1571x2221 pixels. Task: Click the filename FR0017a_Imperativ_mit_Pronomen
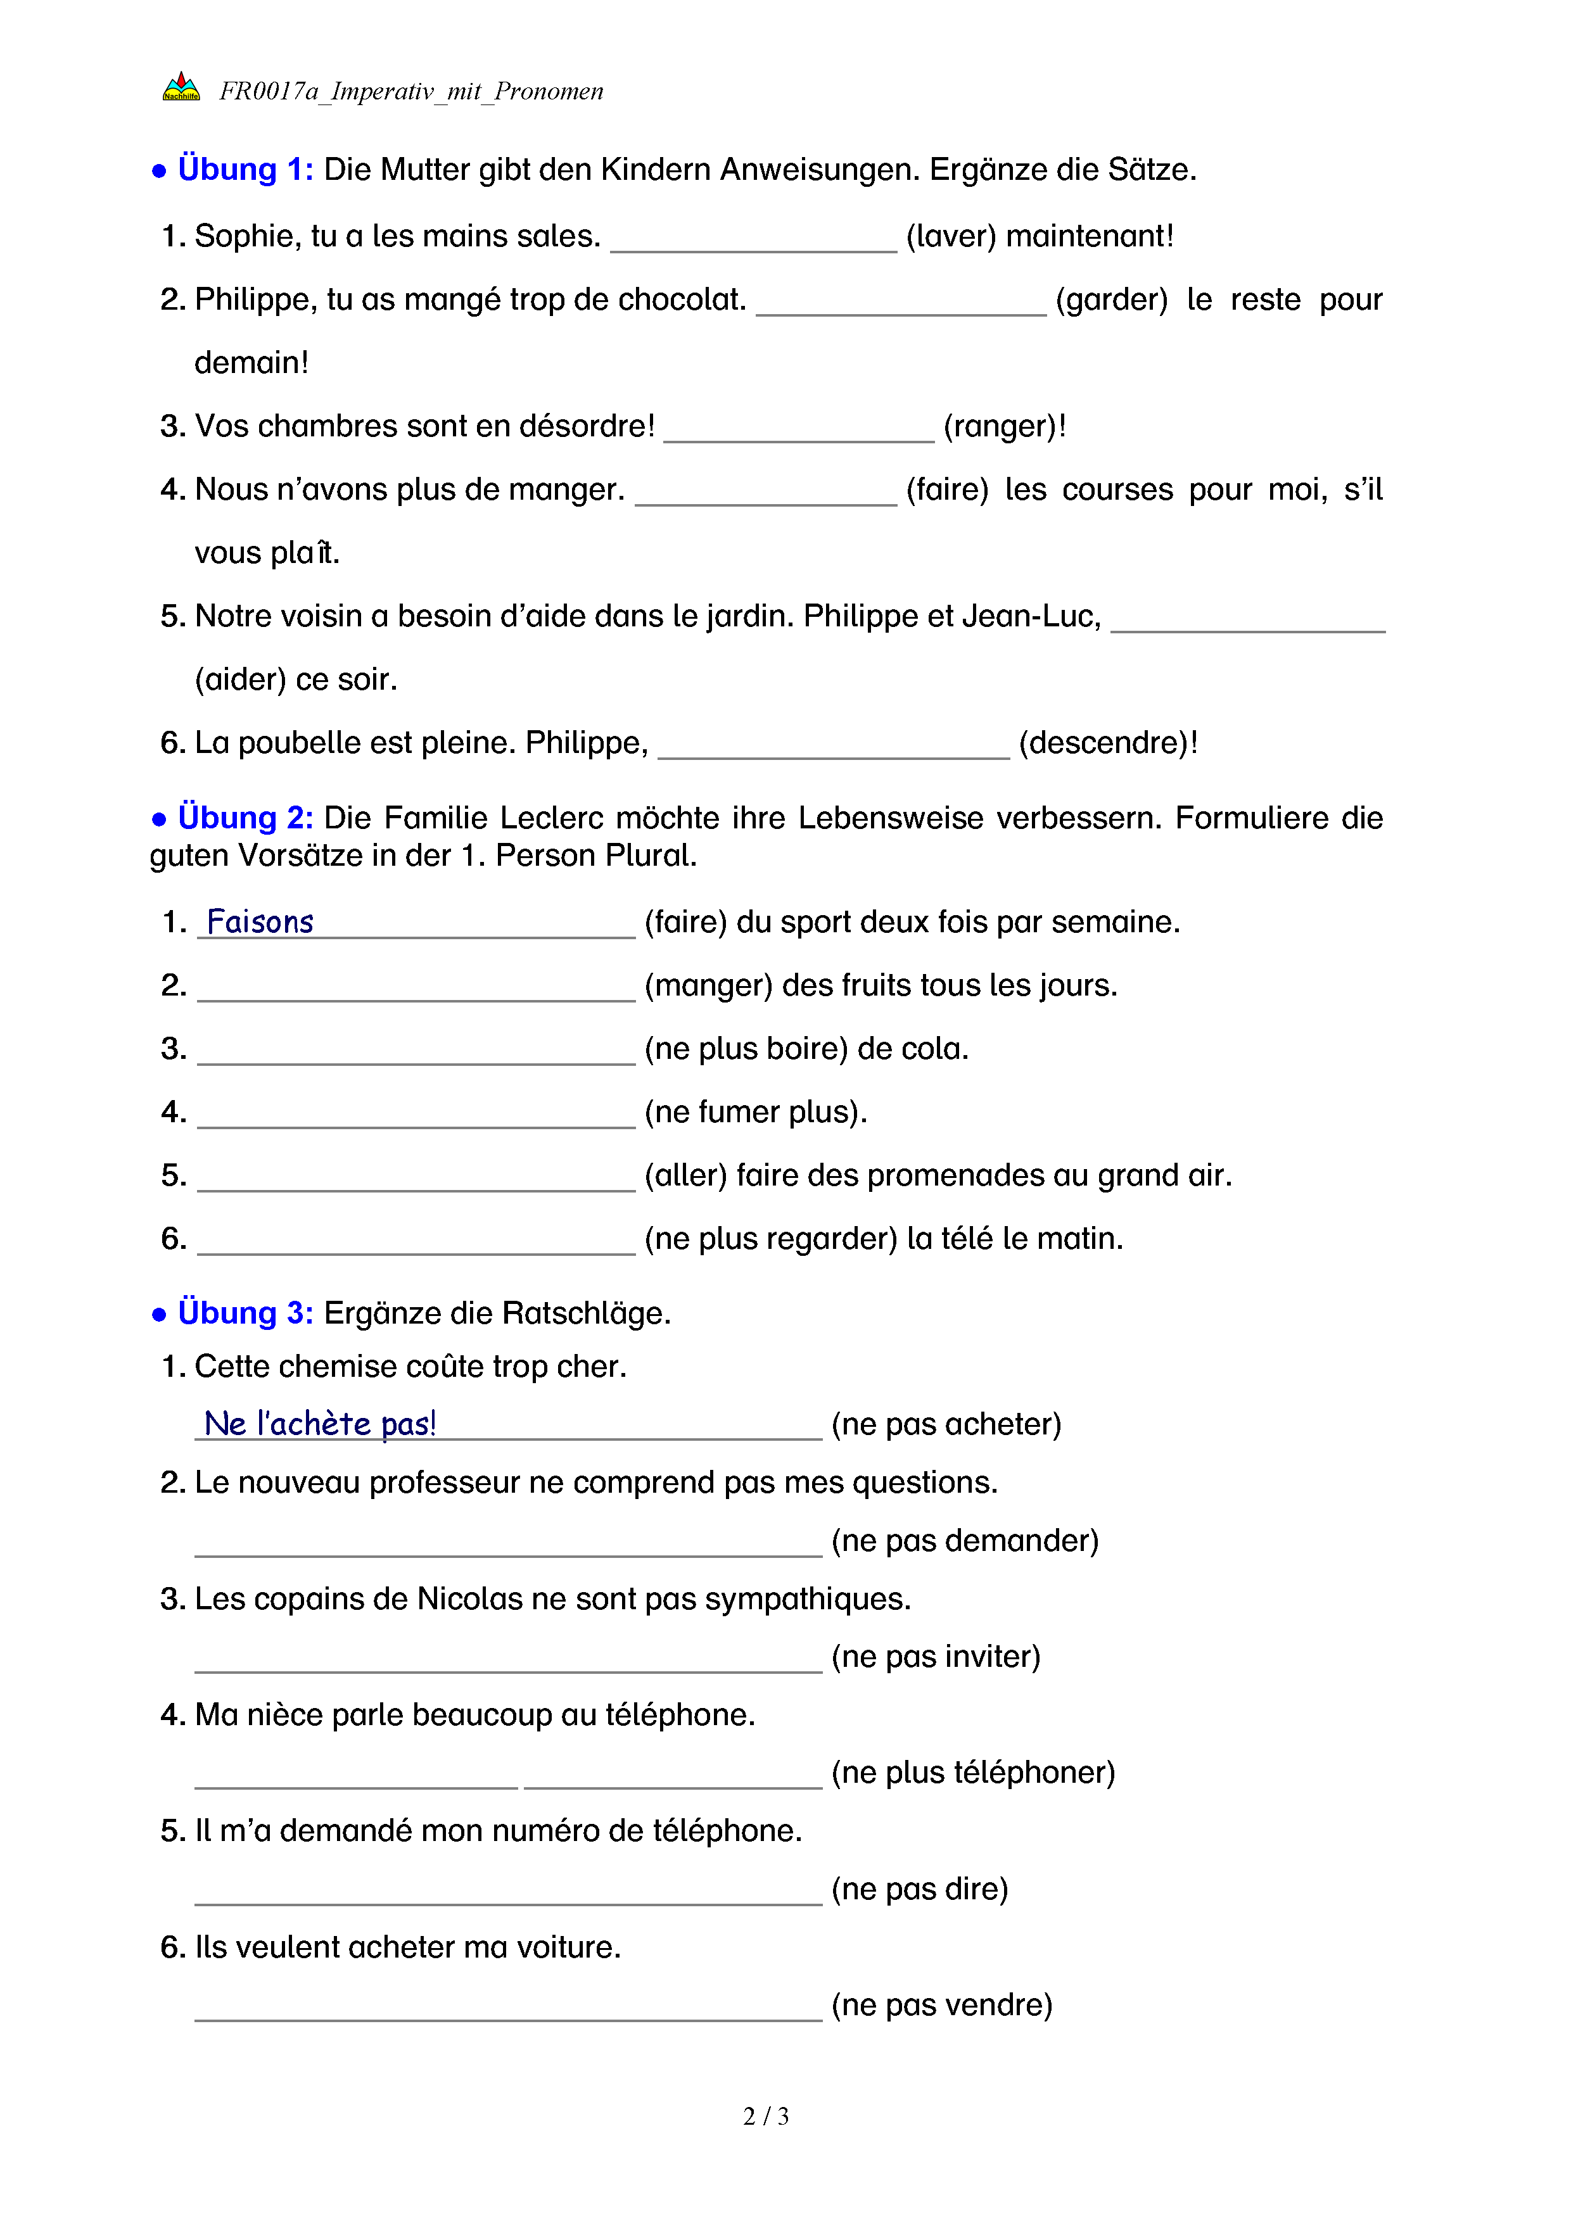click(411, 91)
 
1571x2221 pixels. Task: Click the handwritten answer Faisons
click(260, 922)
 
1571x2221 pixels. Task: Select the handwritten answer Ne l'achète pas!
click(320, 1424)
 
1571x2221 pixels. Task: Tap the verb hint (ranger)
click(1002, 427)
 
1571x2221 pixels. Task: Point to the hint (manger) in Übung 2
click(708, 985)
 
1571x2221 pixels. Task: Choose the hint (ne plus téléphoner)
click(973, 1773)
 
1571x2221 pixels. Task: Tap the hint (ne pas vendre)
click(941, 2005)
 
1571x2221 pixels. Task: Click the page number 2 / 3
click(766, 2117)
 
